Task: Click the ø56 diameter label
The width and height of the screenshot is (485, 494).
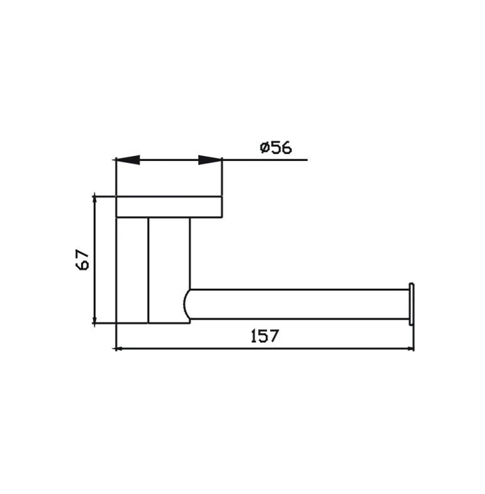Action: pyautogui.click(x=275, y=147)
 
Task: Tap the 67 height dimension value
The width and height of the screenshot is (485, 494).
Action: pyautogui.click(x=83, y=260)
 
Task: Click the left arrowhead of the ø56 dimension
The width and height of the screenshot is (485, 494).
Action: pyautogui.click(x=128, y=160)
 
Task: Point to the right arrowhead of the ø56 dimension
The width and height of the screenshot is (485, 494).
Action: pyautogui.click(x=210, y=160)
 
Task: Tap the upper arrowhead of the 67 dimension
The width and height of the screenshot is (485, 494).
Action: pyautogui.click(x=94, y=205)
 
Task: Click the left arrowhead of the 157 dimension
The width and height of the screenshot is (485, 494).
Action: pyautogui.click(x=123, y=348)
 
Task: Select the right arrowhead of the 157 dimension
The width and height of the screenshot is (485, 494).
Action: pyautogui.click(x=407, y=348)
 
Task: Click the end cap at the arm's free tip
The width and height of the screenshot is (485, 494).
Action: pyautogui.click(x=412, y=303)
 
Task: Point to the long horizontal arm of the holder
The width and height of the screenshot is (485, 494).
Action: pyautogui.click(x=296, y=303)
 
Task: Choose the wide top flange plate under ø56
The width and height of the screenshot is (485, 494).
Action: pyautogui.click(x=169, y=206)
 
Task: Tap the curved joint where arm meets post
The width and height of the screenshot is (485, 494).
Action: pyautogui.click(x=188, y=303)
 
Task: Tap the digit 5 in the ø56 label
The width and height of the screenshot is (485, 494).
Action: pyautogui.click(x=276, y=147)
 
